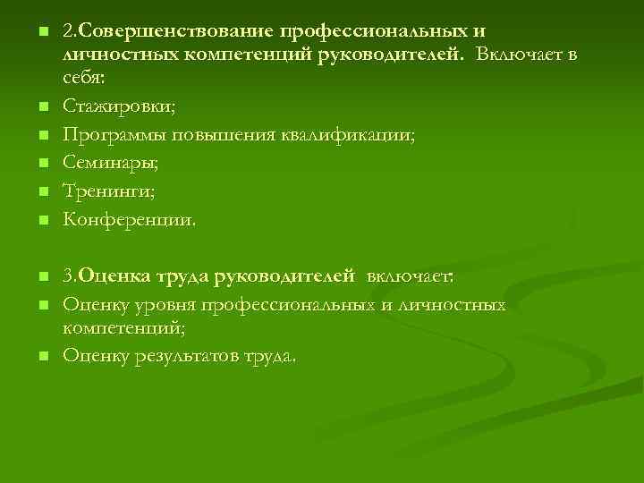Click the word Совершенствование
tap(177, 33)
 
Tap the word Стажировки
tap(119, 107)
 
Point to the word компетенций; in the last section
tap(123, 328)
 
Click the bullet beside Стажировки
tap(42, 108)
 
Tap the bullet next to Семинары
tap(42, 165)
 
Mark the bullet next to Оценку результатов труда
tap(42, 357)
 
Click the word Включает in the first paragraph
tap(514, 55)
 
